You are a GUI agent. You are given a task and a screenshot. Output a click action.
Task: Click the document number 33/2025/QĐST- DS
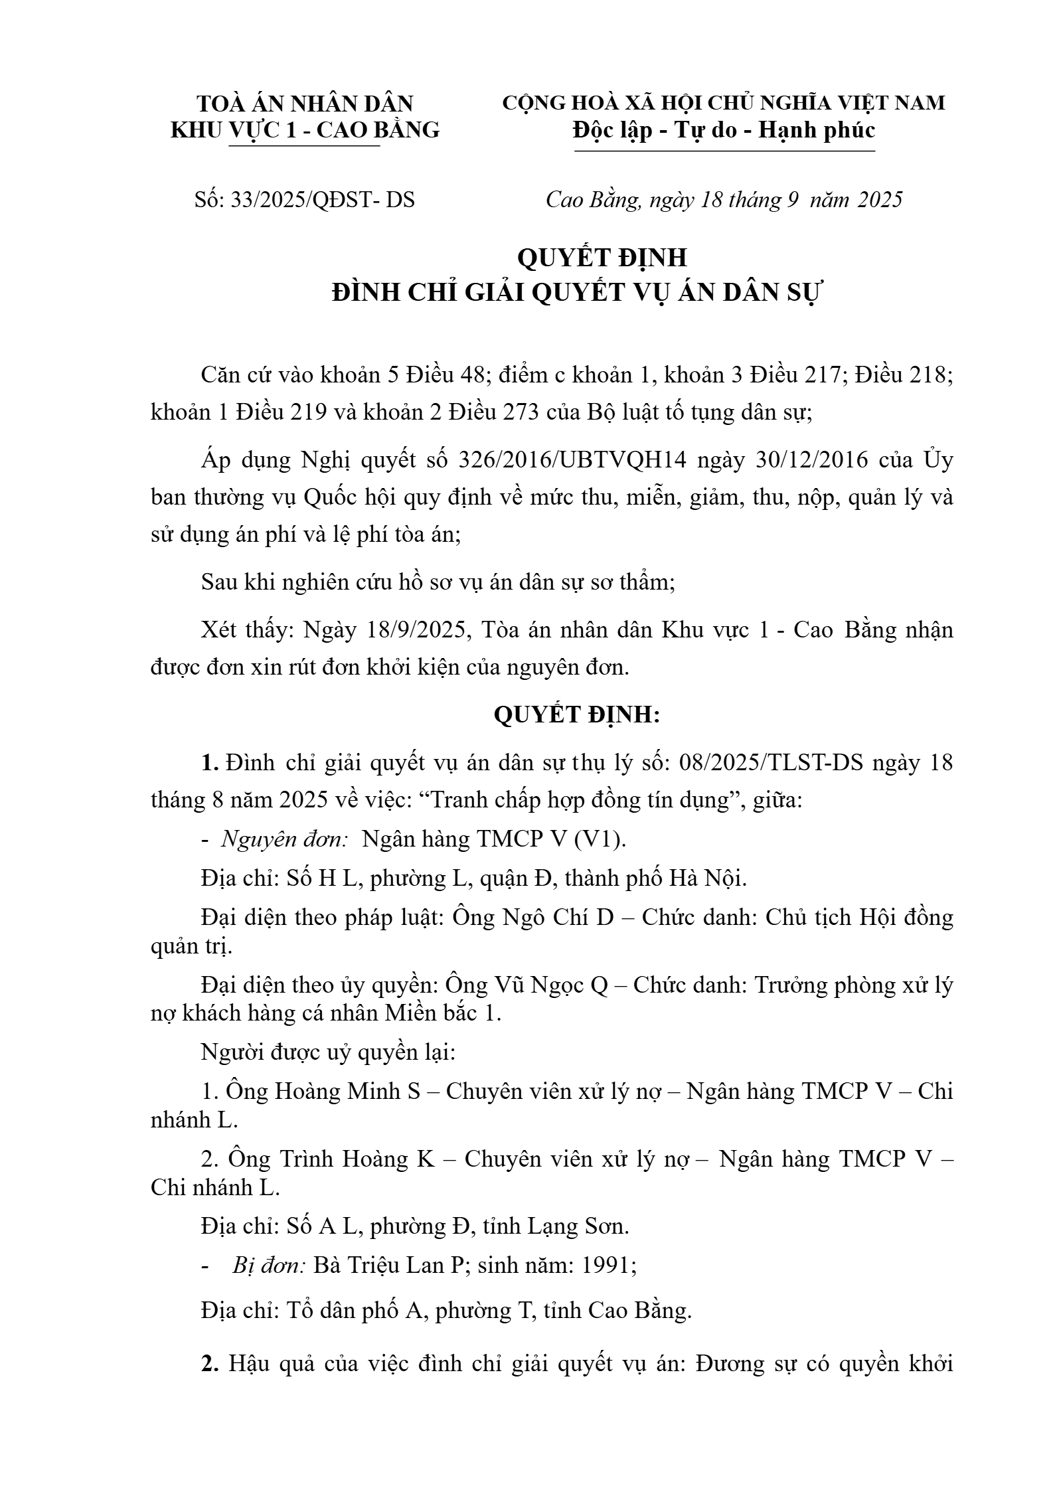point(322,199)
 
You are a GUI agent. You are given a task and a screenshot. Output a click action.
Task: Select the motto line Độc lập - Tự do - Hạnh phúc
point(724,130)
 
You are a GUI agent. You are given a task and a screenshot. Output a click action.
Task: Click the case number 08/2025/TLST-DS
point(770,763)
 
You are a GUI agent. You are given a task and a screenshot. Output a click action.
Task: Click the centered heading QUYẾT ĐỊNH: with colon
point(577,714)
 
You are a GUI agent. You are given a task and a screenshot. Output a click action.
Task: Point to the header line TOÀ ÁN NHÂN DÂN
point(305,104)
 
